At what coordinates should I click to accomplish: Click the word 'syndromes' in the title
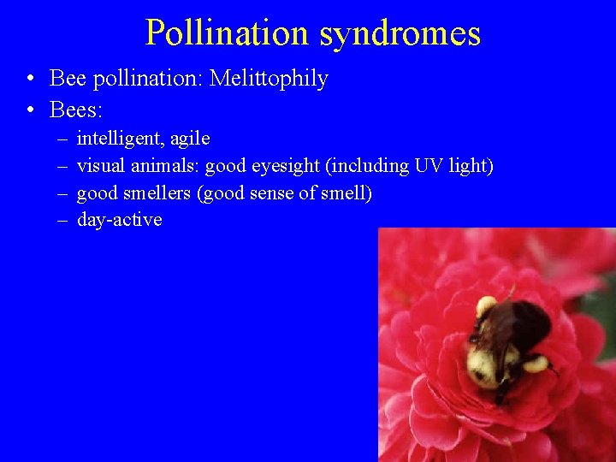pos(400,34)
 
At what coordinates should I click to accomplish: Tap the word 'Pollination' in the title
pos(227,33)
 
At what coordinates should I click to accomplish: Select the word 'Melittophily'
pos(269,79)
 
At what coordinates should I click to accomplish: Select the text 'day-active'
pos(119,220)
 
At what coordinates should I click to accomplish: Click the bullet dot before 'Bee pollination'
pos(30,80)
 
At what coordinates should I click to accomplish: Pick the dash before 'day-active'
pos(63,220)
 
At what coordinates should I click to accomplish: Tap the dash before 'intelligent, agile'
pos(63,139)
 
